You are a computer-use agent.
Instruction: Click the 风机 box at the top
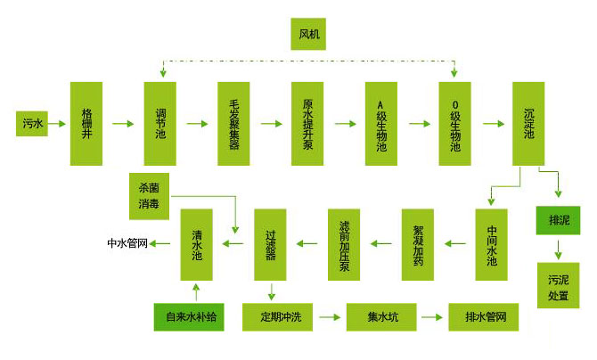pos(308,35)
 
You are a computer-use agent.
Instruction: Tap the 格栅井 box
pos(87,123)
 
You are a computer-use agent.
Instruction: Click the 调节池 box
pos(160,123)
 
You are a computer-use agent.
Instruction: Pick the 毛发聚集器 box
pos(234,123)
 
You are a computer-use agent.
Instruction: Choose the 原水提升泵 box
pos(308,123)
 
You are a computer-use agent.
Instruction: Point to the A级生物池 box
pos(381,123)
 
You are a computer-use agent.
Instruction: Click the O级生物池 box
pos(455,123)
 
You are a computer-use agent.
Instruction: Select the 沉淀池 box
pos(529,123)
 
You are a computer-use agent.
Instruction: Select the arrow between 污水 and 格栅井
pos(60,123)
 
